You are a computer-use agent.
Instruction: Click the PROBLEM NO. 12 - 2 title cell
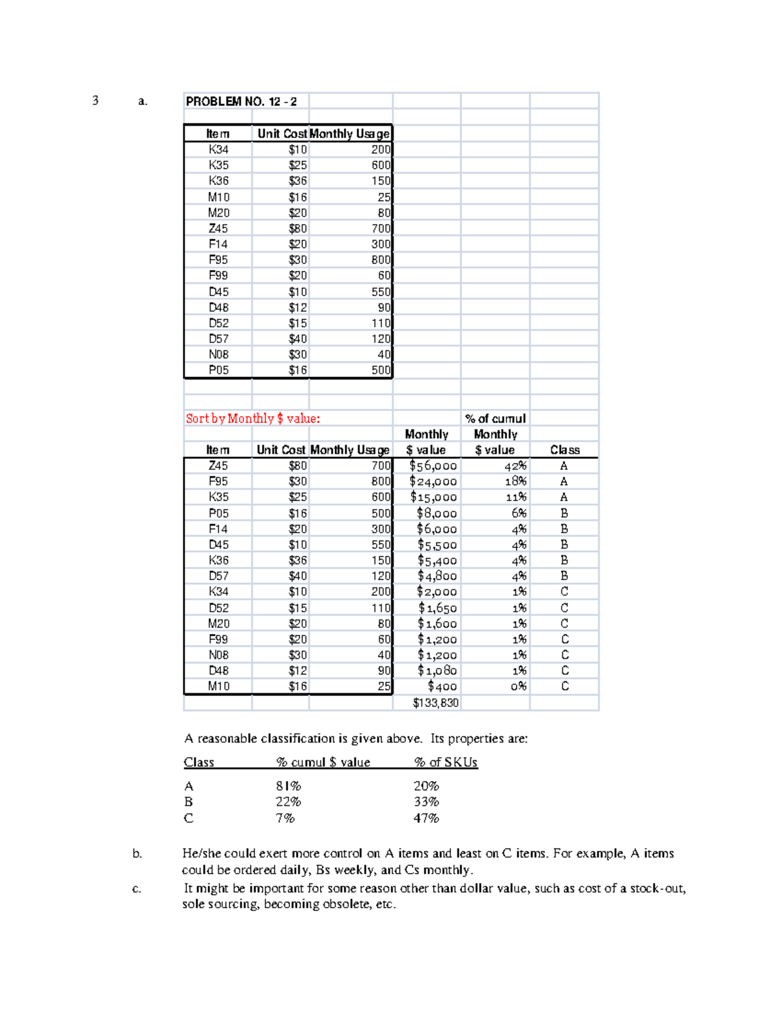click(241, 101)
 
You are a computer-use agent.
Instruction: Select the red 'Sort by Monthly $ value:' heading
click(253, 419)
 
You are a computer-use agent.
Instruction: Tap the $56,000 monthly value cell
click(433, 466)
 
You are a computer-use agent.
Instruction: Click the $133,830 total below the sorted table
click(435, 703)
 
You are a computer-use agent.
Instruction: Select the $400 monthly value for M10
click(442, 687)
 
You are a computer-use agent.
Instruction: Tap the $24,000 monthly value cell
click(433, 482)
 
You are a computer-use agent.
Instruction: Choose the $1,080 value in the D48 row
click(437, 671)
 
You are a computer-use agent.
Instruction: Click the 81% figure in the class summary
click(288, 786)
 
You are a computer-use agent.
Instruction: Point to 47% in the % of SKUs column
click(426, 818)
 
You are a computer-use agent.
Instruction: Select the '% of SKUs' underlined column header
click(446, 762)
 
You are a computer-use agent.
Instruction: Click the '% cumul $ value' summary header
click(323, 762)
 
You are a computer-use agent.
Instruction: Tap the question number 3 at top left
click(95, 100)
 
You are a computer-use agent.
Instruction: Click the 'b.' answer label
click(137, 853)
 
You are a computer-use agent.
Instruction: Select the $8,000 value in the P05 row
click(437, 514)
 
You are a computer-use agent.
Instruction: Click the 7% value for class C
click(285, 818)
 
